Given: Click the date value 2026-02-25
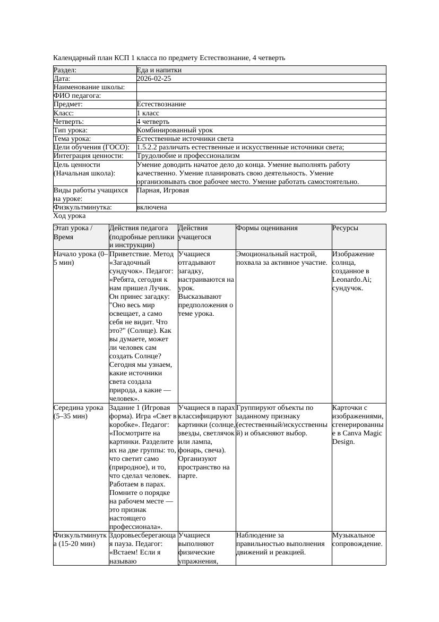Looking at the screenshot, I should click(154, 79).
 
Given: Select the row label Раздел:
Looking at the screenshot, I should click(65, 70).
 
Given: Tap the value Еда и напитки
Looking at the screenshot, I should click(159, 70).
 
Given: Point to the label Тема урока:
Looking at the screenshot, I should click(72, 139).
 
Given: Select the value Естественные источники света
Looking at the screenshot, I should click(185, 139).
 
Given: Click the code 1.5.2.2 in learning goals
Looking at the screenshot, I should click(149, 147).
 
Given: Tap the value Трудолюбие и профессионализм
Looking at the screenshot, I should click(188, 156).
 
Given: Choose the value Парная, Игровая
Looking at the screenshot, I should click(162, 190).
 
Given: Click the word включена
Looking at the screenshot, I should click(152, 207).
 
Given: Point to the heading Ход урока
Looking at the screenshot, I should click(70, 216).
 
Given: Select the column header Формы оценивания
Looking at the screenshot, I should click(266, 228).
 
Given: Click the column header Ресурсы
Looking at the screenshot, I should click(345, 228).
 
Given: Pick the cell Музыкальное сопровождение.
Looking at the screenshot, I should click(357, 540).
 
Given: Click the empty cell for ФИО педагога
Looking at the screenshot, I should click(261, 96).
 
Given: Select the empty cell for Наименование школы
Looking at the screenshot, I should click(261, 87).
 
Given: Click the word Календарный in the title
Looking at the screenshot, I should click(72, 57).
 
